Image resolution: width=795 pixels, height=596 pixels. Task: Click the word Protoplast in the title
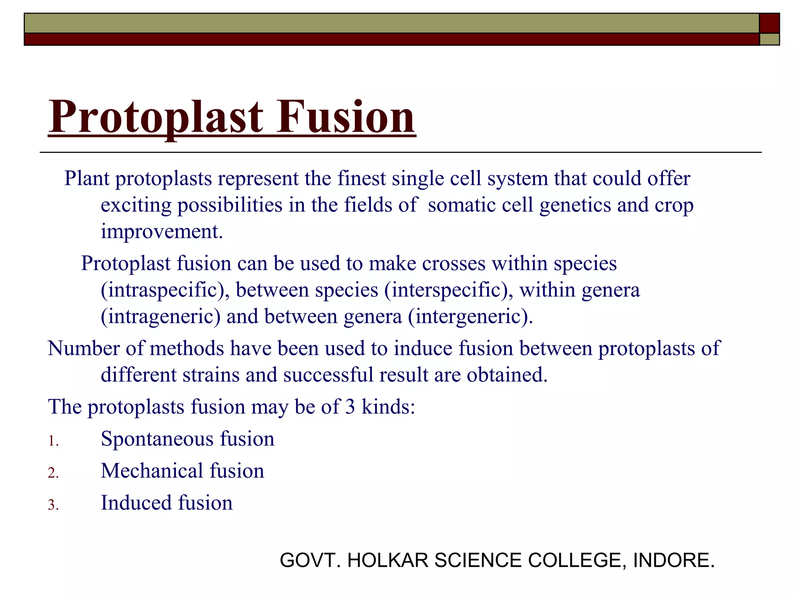(156, 117)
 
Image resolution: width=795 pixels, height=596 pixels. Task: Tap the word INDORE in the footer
(673, 560)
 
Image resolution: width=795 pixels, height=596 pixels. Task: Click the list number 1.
(53, 442)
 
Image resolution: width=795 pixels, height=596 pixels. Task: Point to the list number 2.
(53, 473)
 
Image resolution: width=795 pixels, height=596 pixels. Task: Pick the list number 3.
(53, 505)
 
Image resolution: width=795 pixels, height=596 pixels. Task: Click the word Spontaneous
(157, 439)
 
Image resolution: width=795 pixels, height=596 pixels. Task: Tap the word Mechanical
(152, 471)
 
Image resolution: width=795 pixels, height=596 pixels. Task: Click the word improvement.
(162, 232)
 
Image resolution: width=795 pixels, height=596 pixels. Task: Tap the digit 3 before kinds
(350, 407)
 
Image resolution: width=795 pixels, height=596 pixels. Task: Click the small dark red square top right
(769, 23)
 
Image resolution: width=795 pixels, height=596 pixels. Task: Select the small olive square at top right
(769, 39)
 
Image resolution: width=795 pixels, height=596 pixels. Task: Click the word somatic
(462, 205)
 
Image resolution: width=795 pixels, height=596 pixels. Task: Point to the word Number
(83, 348)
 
